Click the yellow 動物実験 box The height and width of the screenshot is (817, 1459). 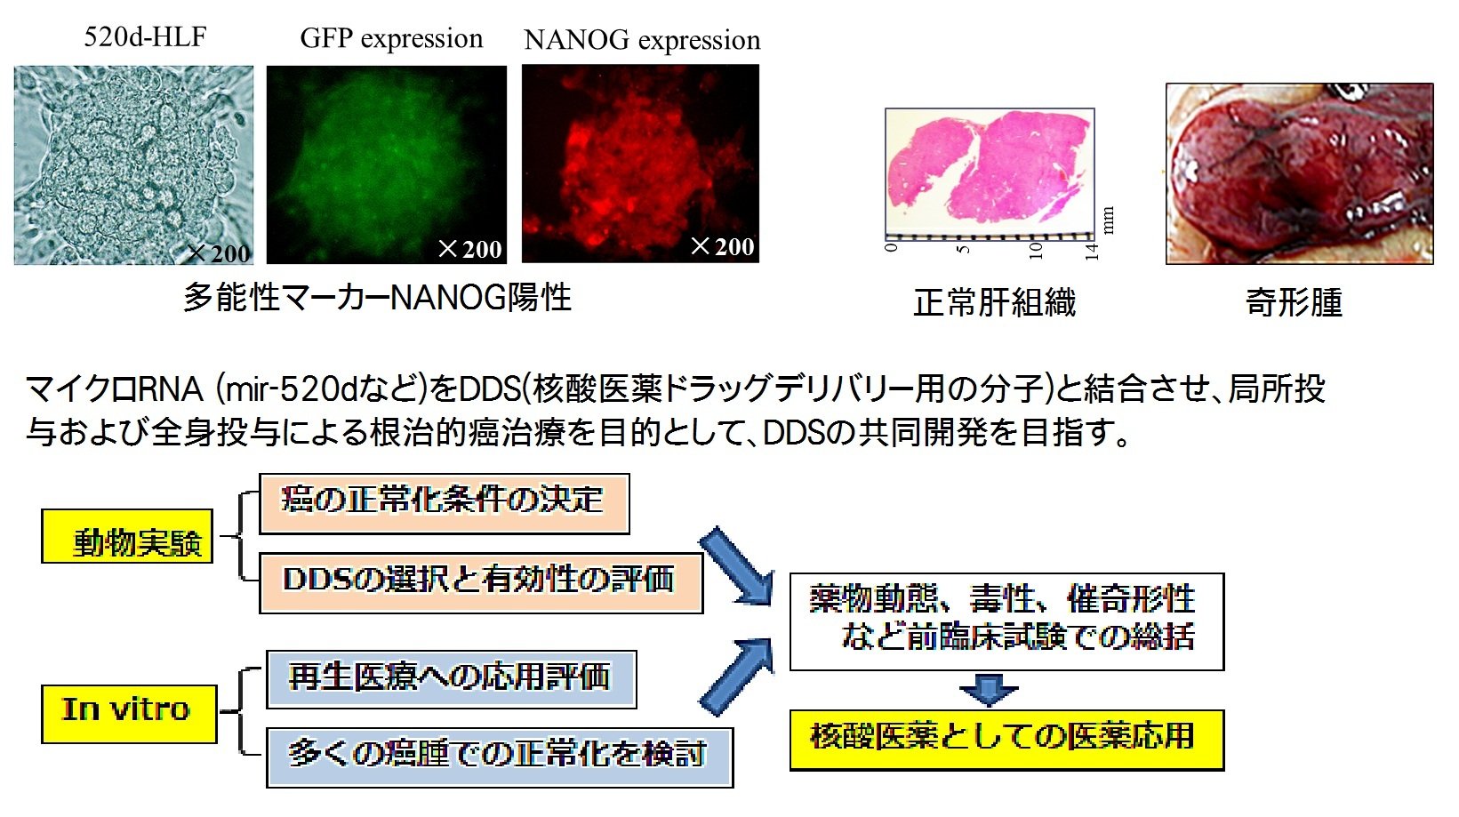(127, 536)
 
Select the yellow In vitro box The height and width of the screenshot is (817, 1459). (129, 713)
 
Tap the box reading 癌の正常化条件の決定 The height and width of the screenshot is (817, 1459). (444, 503)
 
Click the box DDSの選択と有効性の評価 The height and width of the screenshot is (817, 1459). (480, 582)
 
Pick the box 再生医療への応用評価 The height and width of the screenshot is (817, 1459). (451, 679)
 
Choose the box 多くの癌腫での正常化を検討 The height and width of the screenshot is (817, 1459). (499, 757)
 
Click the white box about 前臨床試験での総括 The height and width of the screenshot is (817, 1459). (1006, 621)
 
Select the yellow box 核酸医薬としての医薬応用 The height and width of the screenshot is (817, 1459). (1006, 739)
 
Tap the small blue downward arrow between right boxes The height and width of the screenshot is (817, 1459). (989, 689)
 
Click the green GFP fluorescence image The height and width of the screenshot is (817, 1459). (386, 164)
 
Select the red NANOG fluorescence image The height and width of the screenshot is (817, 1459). (640, 164)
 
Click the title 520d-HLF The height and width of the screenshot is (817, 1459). (145, 36)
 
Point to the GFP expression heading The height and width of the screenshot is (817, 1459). (391, 38)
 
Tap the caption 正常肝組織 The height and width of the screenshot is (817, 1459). (994, 303)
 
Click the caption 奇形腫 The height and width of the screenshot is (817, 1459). (1294, 303)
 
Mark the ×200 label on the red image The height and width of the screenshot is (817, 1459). (722, 246)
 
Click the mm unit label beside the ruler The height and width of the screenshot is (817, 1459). (1108, 220)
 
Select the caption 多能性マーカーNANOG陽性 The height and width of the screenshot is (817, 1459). (377, 297)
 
